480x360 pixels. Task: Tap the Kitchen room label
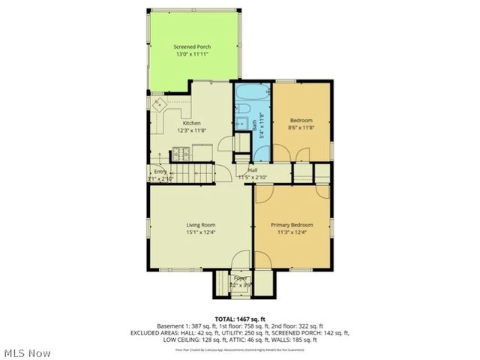coord(192,122)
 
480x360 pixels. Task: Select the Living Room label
coord(201,224)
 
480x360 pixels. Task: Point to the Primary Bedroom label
coord(292,224)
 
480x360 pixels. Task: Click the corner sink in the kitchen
coord(159,105)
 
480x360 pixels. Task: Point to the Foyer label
coord(240,278)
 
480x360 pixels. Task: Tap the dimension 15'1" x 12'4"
coord(201,232)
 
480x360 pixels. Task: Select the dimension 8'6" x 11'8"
coord(301,128)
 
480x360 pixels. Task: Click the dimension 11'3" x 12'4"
coord(292,232)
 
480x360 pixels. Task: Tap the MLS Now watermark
coord(27,352)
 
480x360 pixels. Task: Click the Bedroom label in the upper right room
coord(301,121)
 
